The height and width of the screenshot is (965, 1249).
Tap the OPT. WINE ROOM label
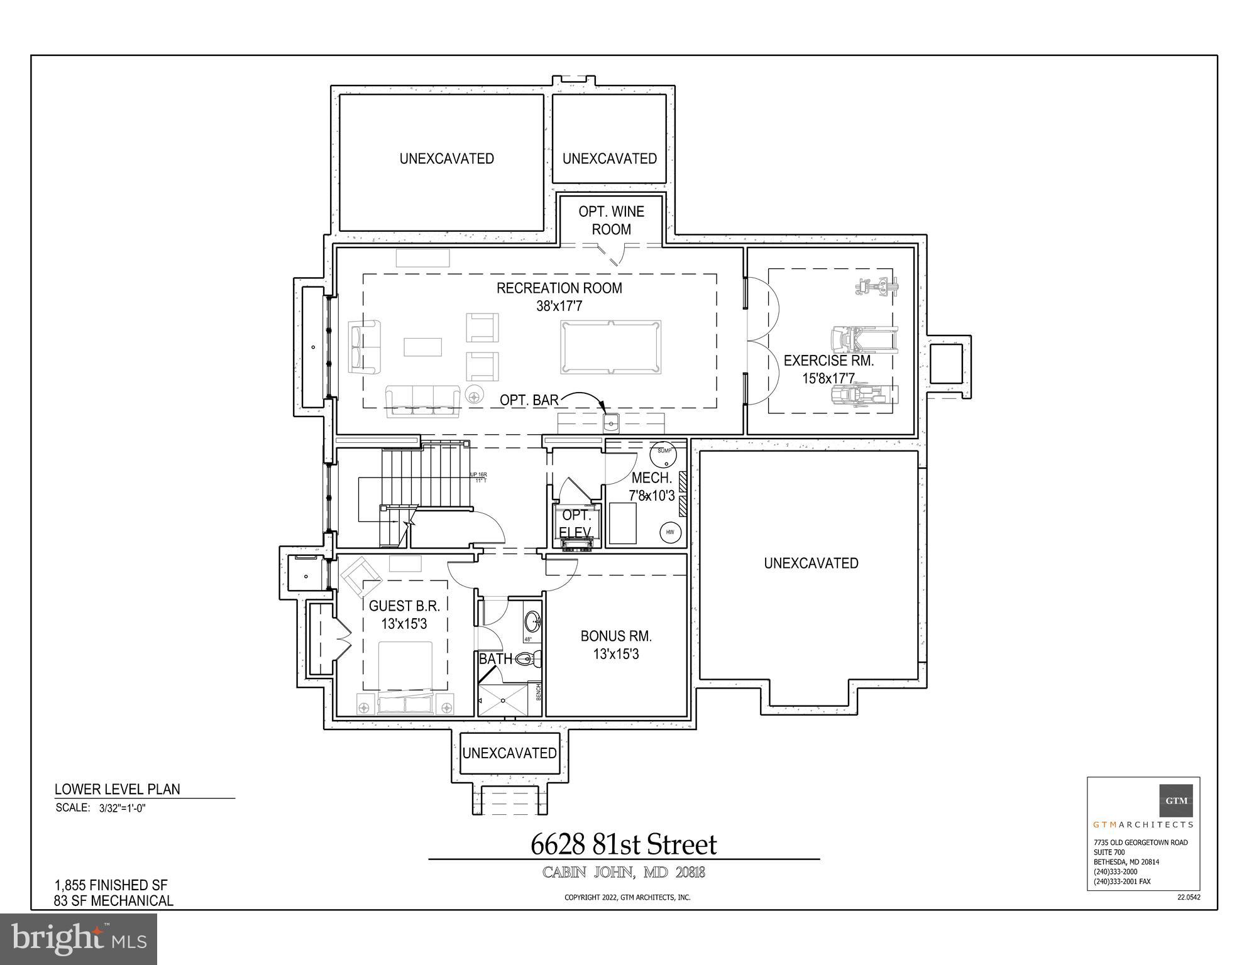[x=611, y=221]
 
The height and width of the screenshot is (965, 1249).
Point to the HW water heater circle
[x=670, y=533]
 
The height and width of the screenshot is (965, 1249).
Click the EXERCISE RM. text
[x=828, y=361]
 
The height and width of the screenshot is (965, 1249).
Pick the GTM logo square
[x=1176, y=800]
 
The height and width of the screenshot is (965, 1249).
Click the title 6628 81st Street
[x=624, y=845]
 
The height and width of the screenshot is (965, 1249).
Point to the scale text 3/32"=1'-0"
[x=123, y=809]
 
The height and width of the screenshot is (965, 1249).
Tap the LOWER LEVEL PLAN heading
[x=118, y=790]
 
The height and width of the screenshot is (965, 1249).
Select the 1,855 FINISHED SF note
[x=111, y=886]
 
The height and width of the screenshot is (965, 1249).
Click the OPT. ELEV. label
[x=576, y=524]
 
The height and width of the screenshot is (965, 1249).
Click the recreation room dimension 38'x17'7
[x=559, y=306]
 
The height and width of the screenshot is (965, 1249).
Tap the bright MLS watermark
[x=79, y=939]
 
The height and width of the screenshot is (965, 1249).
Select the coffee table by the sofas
[x=422, y=347]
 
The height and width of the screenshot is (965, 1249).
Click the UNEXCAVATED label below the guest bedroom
[x=509, y=753]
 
